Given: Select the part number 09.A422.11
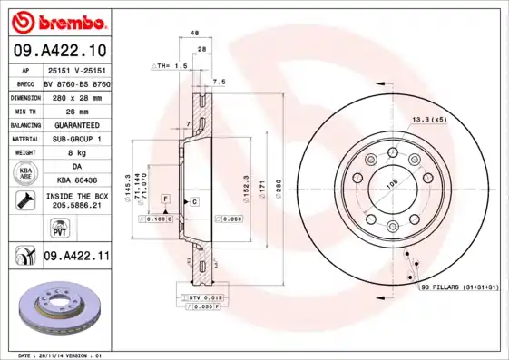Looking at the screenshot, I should point(76,257).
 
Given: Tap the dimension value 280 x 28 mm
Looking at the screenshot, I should point(75,96).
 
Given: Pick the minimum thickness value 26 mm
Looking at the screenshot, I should point(75,110).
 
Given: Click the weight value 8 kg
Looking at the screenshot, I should point(75,153).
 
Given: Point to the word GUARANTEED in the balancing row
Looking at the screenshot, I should point(75,124).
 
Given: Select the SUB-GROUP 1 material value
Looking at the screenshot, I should point(75,139).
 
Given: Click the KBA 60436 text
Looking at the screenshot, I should point(75,180).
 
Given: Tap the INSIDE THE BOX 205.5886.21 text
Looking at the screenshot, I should point(75,200).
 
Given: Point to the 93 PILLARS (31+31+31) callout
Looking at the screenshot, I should point(461,287).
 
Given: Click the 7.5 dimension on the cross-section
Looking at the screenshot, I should point(218,81).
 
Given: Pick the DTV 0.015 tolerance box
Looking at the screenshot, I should point(200,298).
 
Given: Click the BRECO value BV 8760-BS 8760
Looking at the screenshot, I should point(75,83).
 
